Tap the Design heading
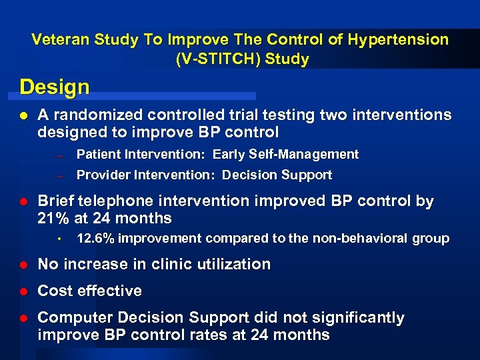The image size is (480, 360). tap(55, 87)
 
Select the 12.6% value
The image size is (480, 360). tap(97, 239)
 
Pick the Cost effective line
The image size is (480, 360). tap(90, 291)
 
